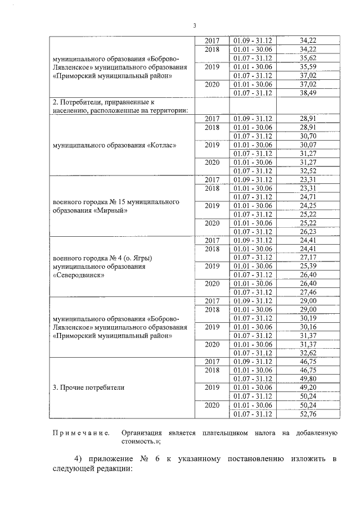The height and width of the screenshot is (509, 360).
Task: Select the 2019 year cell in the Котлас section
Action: (x=212, y=145)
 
